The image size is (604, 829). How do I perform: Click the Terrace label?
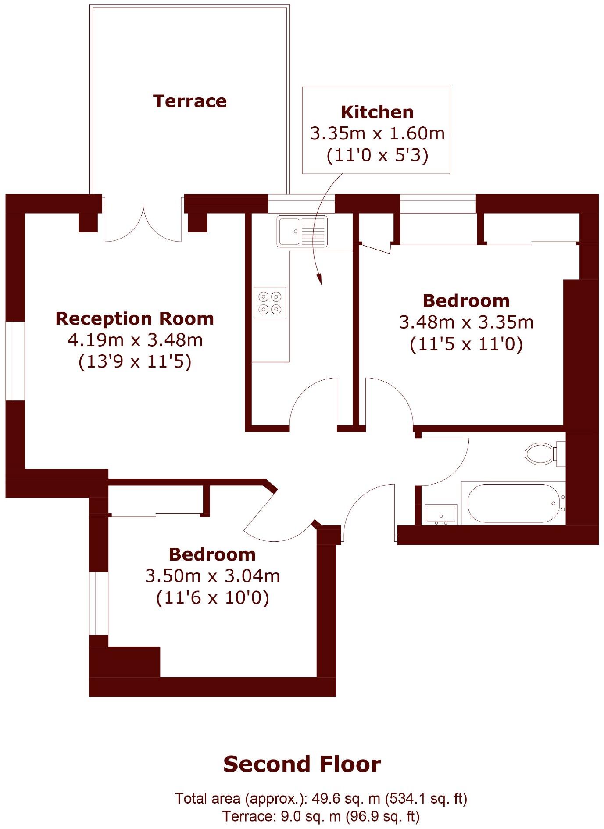pos(189,101)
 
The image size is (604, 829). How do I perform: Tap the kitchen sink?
pos(302,231)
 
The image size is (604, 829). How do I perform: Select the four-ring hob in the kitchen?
pos(270,303)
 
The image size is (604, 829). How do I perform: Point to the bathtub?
pos(511,504)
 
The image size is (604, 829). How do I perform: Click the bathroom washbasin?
pos(441,515)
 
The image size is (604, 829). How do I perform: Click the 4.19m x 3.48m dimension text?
pos(135,340)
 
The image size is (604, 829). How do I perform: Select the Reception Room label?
pos(135,318)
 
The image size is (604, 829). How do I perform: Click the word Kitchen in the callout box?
pos(377,112)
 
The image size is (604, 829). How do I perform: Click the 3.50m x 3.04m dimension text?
pos(212,576)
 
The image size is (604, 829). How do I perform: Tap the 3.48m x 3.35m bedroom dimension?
pos(466,322)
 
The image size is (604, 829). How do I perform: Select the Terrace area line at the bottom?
pos(321,816)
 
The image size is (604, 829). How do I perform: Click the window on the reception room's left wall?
pos(15,361)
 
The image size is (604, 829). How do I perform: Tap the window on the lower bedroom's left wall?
pos(99,603)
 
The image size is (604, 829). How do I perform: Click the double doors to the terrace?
pos(143,222)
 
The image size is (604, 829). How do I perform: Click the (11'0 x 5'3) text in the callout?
pos(377,155)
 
